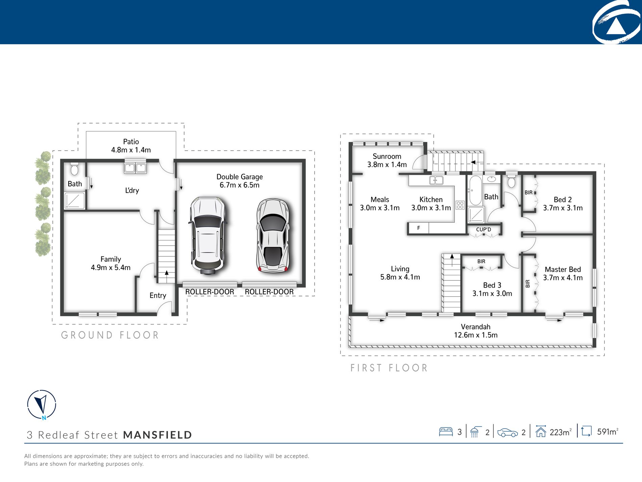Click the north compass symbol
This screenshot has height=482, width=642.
(x=42, y=405)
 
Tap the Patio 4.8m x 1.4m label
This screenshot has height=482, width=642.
(x=131, y=146)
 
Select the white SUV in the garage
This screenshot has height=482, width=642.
(x=207, y=235)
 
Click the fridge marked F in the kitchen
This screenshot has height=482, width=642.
(x=418, y=228)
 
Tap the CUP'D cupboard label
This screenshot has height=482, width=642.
(x=484, y=229)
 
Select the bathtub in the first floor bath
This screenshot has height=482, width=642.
(x=475, y=191)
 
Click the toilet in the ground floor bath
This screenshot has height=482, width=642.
(x=74, y=169)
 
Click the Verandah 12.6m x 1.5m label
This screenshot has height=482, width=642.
(x=476, y=331)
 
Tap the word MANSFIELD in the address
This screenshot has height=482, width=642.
(x=157, y=435)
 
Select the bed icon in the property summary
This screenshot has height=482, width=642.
(x=446, y=432)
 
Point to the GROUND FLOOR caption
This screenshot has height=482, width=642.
(x=110, y=335)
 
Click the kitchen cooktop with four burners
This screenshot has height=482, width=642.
(x=460, y=205)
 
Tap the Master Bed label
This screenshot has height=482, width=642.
(x=563, y=270)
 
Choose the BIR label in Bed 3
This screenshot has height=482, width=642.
(x=481, y=261)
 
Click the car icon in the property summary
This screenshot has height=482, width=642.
(x=508, y=433)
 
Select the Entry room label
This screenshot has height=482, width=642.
(x=158, y=296)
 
